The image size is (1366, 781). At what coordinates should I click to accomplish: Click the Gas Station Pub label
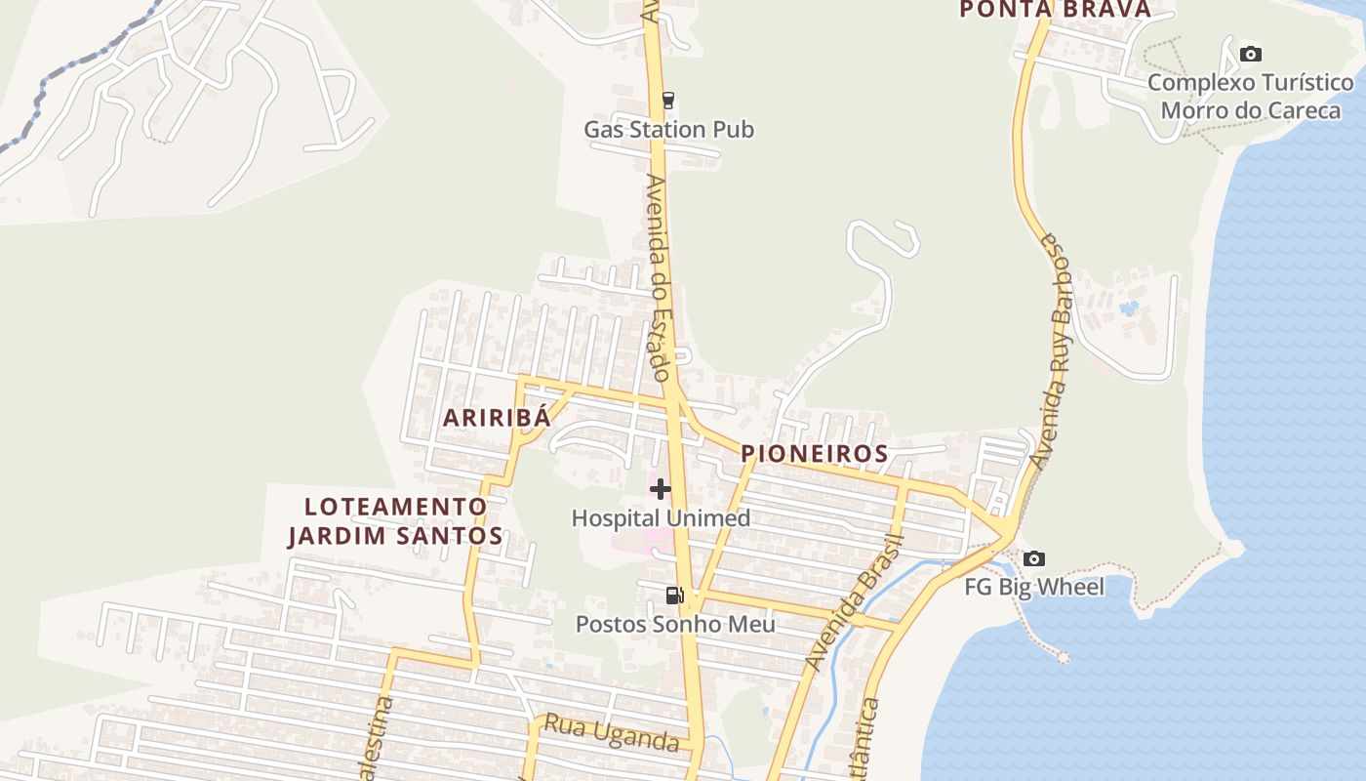pos(668,129)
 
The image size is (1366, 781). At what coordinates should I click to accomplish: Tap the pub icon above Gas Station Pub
pos(668,100)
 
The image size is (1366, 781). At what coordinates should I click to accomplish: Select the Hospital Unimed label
pos(661,518)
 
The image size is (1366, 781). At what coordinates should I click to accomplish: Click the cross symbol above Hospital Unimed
pos(661,488)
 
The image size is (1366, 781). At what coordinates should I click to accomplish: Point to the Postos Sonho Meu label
pos(675,624)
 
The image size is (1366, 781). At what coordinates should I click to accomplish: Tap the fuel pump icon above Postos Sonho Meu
pos(674,595)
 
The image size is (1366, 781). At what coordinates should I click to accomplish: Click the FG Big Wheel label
pos(1034,587)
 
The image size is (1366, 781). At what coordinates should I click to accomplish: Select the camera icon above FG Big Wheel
pos(1034,559)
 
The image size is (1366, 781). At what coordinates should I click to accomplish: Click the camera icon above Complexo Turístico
pos(1250,54)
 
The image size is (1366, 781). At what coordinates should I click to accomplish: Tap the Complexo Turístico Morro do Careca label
pos(1250,96)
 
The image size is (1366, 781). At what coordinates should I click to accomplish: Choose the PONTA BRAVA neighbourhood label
pos(1055,10)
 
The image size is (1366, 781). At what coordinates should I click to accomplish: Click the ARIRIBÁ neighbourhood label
pos(498,418)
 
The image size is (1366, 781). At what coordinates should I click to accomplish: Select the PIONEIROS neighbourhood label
pos(815,454)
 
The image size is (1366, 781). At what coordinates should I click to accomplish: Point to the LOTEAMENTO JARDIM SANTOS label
pos(395,521)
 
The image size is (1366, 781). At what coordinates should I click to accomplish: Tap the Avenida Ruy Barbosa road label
pos(1057,351)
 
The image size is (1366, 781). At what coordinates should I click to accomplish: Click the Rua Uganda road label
pos(611,732)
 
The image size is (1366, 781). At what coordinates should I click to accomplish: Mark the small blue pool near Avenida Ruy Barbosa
pos(1130,308)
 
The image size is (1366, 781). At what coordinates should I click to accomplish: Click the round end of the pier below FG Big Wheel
pos(1063,658)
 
